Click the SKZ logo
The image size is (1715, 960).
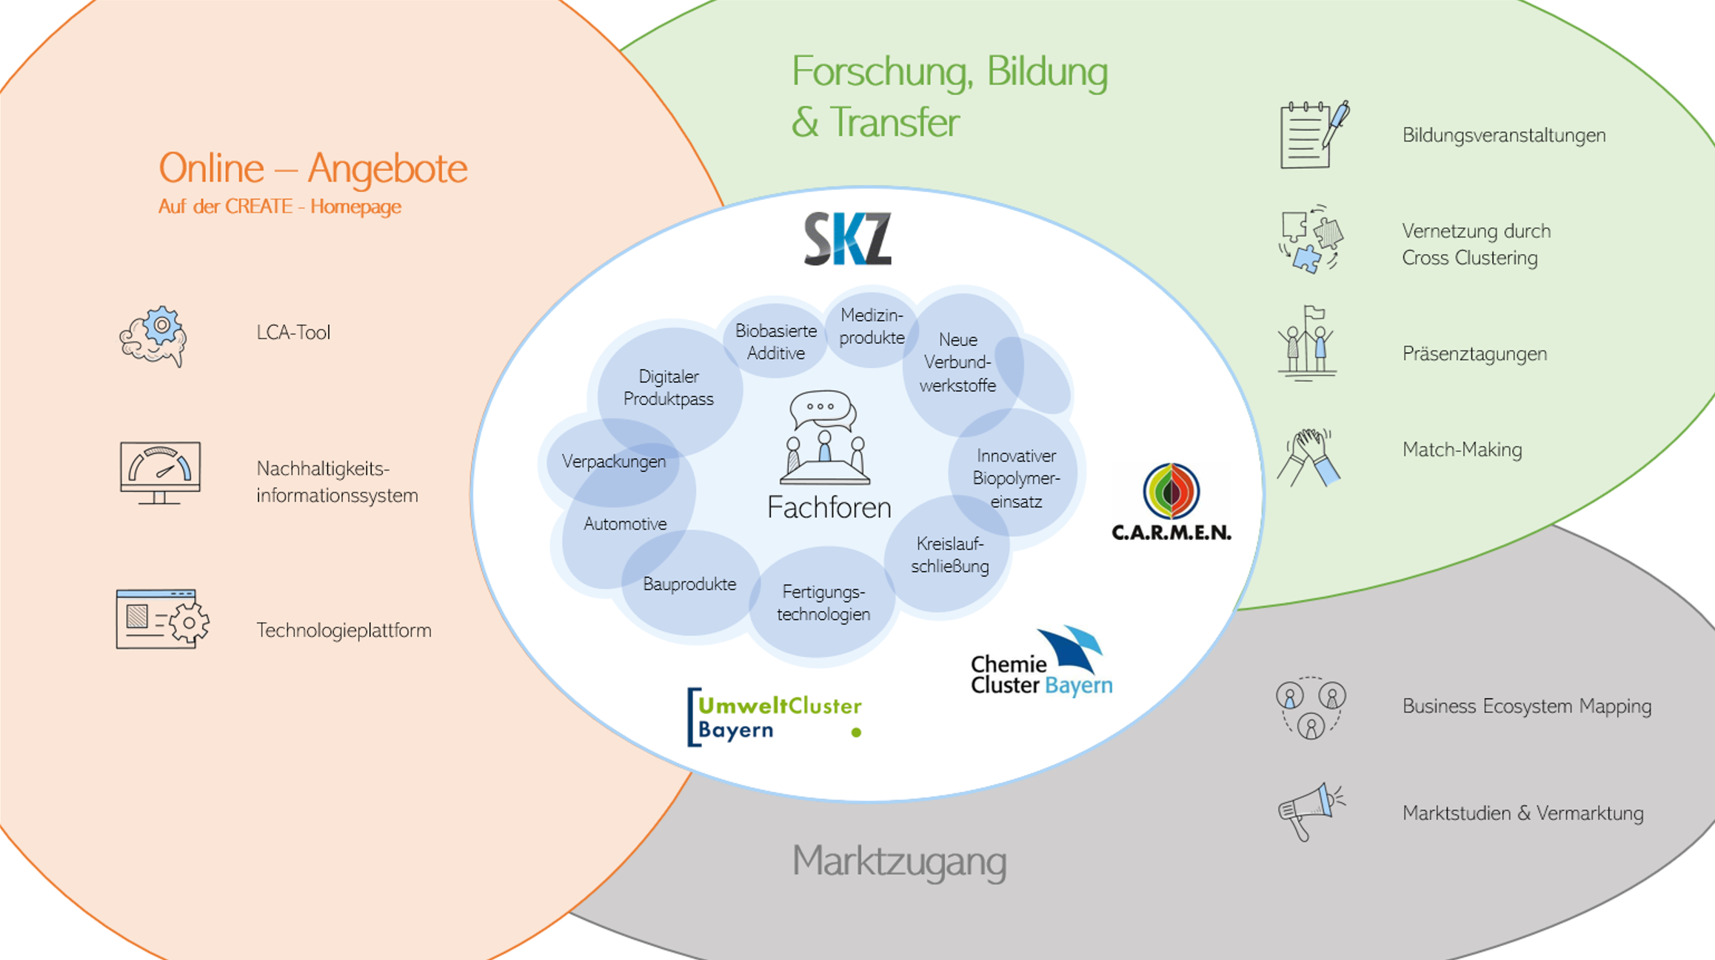(848, 239)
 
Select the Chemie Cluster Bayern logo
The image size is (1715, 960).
(1042, 662)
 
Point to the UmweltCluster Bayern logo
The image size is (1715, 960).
(775, 717)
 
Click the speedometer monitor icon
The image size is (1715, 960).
(160, 473)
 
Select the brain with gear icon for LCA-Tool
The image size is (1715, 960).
(154, 336)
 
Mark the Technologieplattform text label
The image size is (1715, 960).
(344, 630)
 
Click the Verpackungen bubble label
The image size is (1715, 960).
(614, 461)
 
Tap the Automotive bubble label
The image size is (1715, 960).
(625, 524)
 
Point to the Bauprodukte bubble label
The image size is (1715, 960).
(689, 584)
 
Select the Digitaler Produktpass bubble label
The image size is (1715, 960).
(669, 387)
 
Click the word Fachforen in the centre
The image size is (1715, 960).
(829, 507)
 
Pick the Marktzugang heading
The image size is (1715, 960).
(899, 861)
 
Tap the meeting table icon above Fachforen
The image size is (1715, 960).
(825, 438)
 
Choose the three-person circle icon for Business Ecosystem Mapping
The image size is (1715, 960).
(1311, 708)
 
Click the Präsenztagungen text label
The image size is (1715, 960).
(1474, 354)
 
